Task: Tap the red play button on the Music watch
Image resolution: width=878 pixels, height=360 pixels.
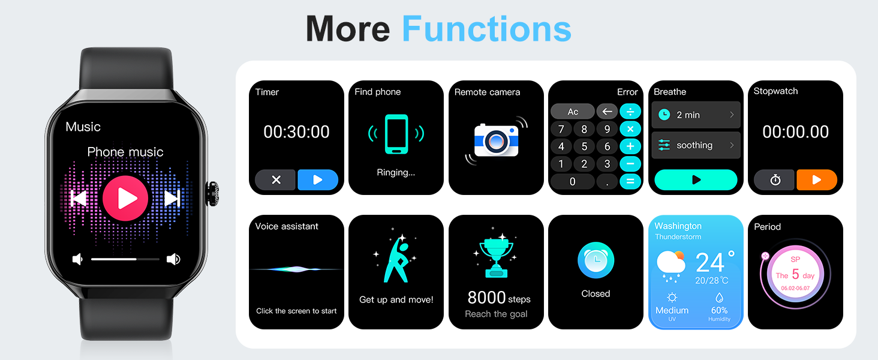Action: [x=125, y=198]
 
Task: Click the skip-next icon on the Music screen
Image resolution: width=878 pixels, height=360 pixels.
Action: [x=172, y=198]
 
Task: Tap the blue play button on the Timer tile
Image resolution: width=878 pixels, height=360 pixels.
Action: [x=318, y=180]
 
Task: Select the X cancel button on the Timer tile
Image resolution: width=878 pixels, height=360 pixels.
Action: [x=276, y=180]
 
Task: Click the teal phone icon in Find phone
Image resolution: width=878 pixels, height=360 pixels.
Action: [x=396, y=134]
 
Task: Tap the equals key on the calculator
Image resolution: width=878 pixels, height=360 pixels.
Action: [x=630, y=181]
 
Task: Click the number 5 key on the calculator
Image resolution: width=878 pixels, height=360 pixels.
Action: [x=584, y=146]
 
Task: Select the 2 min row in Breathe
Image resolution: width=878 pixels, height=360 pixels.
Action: [x=696, y=115]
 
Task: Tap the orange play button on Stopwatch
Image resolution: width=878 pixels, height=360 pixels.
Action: [x=816, y=180]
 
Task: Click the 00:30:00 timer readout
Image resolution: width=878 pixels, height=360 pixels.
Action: [x=296, y=132]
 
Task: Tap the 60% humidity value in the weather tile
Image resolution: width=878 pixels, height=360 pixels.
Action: [x=719, y=310]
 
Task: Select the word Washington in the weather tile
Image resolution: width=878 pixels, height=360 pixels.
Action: [x=678, y=226]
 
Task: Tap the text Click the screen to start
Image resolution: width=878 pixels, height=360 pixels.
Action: [x=296, y=311]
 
